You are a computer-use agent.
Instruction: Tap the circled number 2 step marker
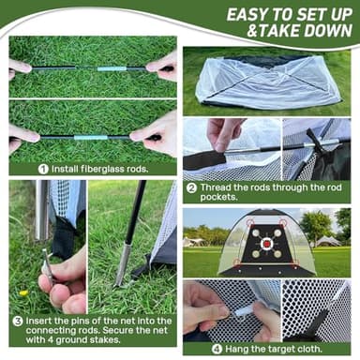pos(190,187)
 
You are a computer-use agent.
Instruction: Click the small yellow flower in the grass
pos(23,292)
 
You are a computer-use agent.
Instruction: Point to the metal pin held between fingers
pos(47,260)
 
